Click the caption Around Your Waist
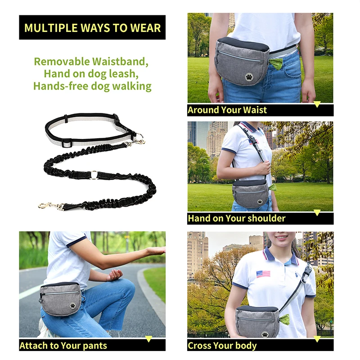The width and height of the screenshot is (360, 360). (227, 110)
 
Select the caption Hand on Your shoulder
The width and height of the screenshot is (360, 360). (237, 219)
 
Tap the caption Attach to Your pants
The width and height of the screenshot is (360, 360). (63, 346)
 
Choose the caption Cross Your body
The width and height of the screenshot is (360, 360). (222, 346)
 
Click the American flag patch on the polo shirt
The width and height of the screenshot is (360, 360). (263, 274)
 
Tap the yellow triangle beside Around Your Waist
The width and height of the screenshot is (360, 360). (317, 104)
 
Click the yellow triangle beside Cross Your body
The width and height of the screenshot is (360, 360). (317, 339)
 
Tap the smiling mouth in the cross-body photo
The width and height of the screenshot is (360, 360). (281, 238)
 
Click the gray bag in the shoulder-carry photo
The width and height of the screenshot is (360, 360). (251, 193)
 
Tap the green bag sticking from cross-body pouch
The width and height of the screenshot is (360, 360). (283, 320)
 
